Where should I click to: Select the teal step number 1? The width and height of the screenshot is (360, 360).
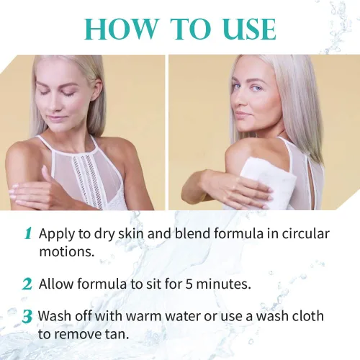[x=28, y=233]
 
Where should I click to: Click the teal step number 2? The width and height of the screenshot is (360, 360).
[x=27, y=284]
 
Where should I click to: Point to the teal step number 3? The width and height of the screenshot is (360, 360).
[x=27, y=317]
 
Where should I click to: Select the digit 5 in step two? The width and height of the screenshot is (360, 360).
[x=189, y=284]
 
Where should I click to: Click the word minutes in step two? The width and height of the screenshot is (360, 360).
[x=221, y=284]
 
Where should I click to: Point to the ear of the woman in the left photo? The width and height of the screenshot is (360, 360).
[x=98, y=89]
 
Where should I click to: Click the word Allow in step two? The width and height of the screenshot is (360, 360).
[x=56, y=284]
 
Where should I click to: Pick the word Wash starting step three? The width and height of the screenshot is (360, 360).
[x=55, y=316]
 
